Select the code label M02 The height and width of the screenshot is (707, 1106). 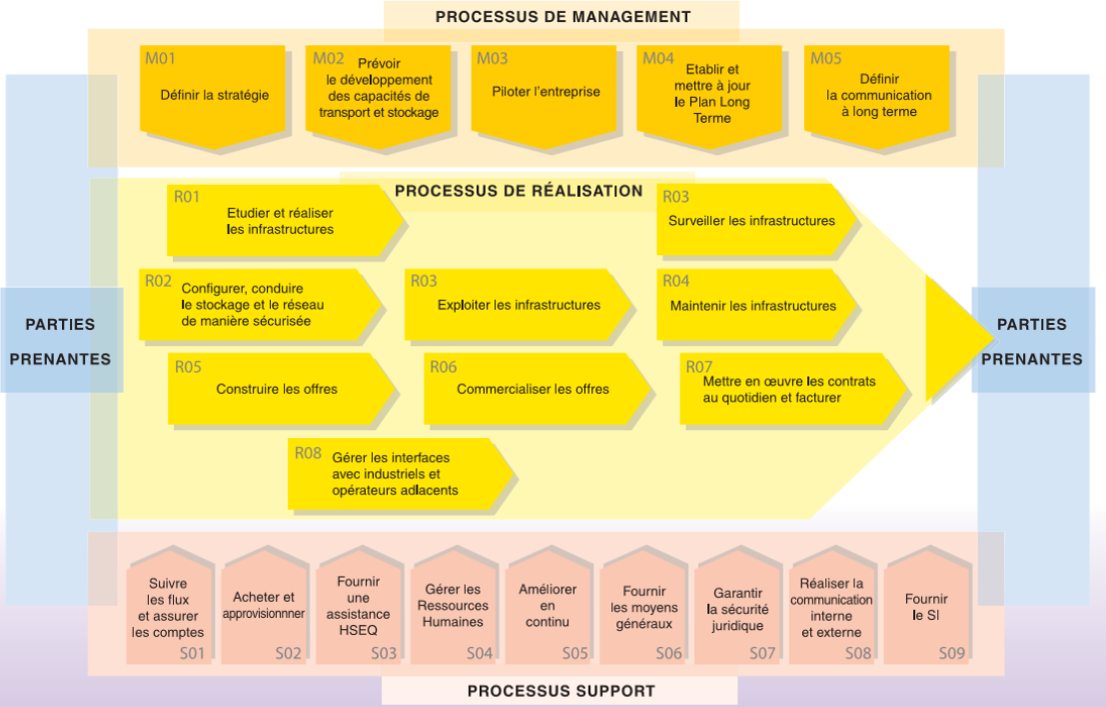click(x=328, y=59)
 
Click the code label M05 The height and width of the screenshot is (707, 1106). click(x=826, y=59)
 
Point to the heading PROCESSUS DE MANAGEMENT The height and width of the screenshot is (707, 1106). click(x=562, y=17)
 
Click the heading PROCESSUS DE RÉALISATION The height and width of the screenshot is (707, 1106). click(x=519, y=191)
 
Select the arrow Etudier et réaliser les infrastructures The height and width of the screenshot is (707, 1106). click(x=285, y=220)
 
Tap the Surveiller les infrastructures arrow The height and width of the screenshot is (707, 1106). click(x=756, y=220)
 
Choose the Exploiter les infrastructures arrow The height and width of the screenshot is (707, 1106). click(x=518, y=304)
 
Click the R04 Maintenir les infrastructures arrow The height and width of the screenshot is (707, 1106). click(x=756, y=304)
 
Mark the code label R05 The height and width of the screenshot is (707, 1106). click(x=189, y=367)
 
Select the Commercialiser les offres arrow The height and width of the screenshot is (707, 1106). click(x=538, y=388)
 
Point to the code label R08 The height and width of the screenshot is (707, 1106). click(x=308, y=453)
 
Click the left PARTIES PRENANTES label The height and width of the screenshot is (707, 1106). click(x=61, y=341)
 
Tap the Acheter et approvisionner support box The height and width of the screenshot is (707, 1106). click(x=264, y=605)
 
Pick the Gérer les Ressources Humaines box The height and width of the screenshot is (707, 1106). click(x=453, y=605)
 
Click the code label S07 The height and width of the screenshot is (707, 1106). click(x=761, y=653)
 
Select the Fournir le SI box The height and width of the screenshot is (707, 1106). click(x=926, y=605)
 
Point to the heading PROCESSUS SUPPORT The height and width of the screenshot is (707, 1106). click(x=560, y=691)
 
